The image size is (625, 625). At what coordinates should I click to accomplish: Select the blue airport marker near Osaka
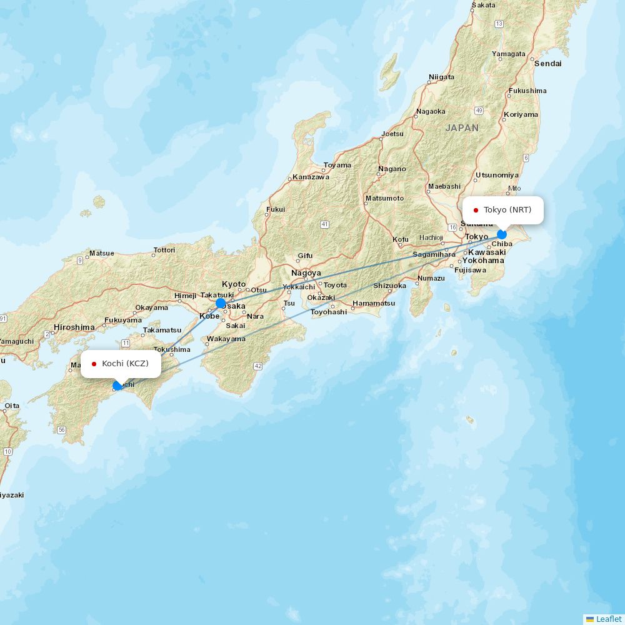pyautogui.click(x=221, y=303)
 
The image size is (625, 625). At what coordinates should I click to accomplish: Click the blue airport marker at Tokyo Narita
pyautogui.click(x=501, y=234)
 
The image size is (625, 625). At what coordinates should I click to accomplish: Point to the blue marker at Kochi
pyautogui.click(x=117, y=386)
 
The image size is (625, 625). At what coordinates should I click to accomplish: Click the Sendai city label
pyautogui.click(x=548, y=63)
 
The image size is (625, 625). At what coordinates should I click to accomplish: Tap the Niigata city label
pyautogui.click(x=441, y=77)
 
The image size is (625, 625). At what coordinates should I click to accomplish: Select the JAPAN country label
pyautogui.click(x=462, y=127)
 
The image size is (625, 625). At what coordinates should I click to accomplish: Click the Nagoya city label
pyautogui.click(x=306, y=273)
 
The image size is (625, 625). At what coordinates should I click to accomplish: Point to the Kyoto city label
pyautogui.click(x=234, y=284)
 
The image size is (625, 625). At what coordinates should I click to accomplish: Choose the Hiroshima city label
pyautogui.click(x=74, y=327)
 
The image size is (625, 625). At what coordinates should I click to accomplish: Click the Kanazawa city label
pyautogui.click(x=311, y=177)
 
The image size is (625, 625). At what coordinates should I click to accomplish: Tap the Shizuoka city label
pyautogui.click(x=389, y=286)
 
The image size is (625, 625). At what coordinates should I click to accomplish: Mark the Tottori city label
pyautogui.click(x=164, y=250)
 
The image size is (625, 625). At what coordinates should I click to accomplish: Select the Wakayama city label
pyautogui.click(x=226, y=339)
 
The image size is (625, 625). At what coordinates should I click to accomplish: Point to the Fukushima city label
pyautogui.click(x=527, y=91)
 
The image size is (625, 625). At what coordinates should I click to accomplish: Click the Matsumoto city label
pyautogui.click(x=384, y=198)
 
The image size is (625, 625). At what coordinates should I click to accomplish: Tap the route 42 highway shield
pyautogui.click(x=257, y=366)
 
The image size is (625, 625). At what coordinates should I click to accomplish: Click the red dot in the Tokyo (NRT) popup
pyautogui.click(x=476, y=210)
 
